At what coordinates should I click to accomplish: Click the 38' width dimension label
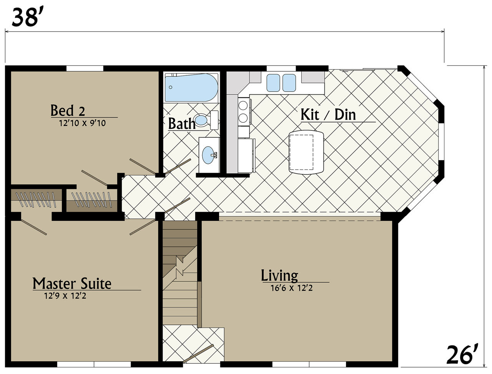25,17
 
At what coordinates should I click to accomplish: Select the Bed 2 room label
68,110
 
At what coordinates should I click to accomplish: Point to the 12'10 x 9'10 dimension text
83,123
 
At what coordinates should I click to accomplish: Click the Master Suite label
72,284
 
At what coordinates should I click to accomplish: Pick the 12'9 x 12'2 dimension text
65,296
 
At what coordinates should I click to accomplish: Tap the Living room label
279,276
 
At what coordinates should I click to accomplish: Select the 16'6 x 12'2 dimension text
292,288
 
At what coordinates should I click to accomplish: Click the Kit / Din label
328,115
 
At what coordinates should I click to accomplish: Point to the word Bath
182,124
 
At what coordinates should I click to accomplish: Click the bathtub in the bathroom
191,87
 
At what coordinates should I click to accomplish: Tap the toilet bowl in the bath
201,120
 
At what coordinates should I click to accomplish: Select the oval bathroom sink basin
208,155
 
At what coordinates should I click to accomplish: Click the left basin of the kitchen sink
273,83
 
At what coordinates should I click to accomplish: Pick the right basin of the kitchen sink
289,83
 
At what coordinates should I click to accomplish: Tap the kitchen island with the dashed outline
306,152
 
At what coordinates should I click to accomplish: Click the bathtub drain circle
171,87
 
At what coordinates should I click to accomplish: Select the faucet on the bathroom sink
214,155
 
